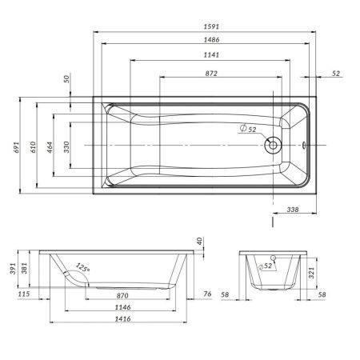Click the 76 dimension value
(x=207, y=294)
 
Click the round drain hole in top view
(x=273, y=146)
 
